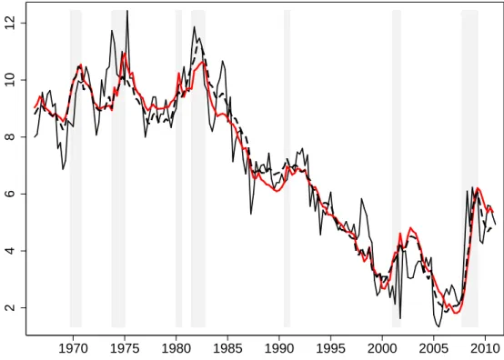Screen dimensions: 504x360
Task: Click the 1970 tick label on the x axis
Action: click(x=74, y=349)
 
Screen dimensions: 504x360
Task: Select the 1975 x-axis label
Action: click(x=125, y=349)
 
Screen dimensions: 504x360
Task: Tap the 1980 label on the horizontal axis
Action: click(x=176, y=349)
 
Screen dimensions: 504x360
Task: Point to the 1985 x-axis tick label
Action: click(x=227, y=349)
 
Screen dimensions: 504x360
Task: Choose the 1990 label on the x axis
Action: click(x=279, y=349)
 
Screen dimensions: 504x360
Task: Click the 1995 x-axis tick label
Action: click(x=330, y=349)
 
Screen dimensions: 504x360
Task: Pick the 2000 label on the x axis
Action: click(x=382, y=349)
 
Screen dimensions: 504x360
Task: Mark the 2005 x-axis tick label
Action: click(x=433, y=349)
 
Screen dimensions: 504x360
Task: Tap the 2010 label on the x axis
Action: click(x=485, y=349)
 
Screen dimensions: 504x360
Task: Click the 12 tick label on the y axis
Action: click(x=10, y=23)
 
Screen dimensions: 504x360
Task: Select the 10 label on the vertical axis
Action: click(x=10, y=80)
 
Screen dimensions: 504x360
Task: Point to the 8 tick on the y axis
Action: click(x=10, y=136)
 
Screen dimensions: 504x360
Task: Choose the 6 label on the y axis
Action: click(x=10, y=194)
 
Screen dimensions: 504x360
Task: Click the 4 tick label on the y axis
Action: click(x=10, y=251)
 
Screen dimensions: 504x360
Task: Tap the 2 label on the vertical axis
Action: click(x=10, y=307)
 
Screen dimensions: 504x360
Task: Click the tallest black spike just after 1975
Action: click(x=127, y=11)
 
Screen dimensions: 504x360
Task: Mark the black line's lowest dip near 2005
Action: click(x=438, y=326)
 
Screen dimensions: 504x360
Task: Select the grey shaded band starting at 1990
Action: click(x=287, y=168)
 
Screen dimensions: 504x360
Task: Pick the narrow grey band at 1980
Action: click(x=178, y=168)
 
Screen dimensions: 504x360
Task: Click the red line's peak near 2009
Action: click(x=478, y=188)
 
